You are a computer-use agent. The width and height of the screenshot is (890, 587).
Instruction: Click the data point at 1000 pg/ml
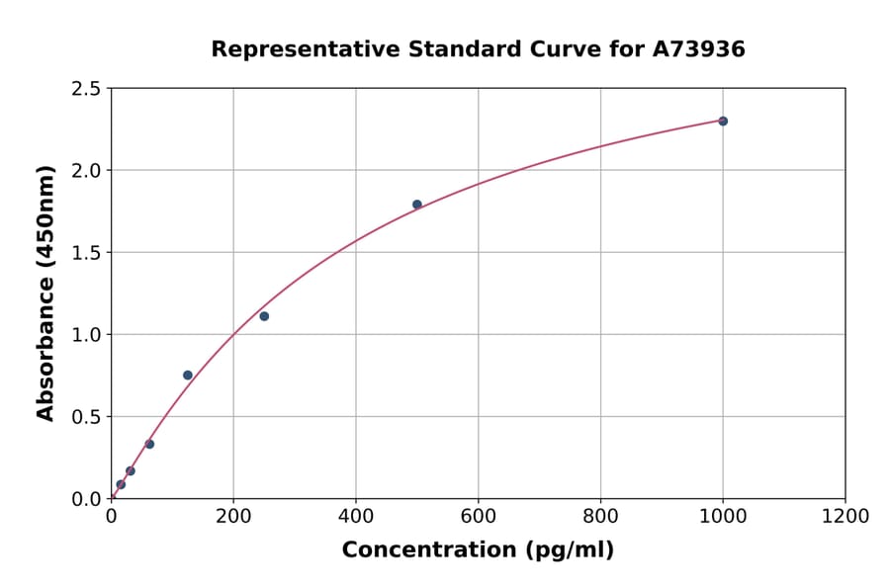[723, 121]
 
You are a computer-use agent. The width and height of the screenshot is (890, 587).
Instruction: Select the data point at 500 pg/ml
[417, 205]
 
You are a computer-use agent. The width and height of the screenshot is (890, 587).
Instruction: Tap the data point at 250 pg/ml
[264, 316]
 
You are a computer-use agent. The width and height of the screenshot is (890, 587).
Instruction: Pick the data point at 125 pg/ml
[188, 375]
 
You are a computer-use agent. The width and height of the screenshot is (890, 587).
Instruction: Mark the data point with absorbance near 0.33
[149, 444]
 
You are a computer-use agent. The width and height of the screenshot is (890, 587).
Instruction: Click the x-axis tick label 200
[233, 516]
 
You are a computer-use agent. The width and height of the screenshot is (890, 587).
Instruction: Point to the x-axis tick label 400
[356, 516]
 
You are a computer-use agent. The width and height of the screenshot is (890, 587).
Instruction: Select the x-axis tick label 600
[479, 516]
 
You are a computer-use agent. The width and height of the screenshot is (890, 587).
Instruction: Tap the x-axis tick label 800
[600, 516]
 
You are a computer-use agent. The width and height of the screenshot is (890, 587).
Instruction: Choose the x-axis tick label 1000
[723, 516]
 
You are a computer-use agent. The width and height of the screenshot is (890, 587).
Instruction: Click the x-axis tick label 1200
[845, 516]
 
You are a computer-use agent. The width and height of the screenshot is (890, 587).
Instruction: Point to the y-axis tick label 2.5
[86, 89]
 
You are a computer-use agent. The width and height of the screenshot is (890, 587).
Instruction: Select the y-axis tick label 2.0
[86, 171]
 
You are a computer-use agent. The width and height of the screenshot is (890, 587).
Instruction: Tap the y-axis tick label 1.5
[86, 253]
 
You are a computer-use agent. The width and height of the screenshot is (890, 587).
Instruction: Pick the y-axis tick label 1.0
[86, 335]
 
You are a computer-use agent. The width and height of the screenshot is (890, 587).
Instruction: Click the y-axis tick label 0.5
[86, 417]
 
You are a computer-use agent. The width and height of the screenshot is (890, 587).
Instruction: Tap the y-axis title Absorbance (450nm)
[45, 293]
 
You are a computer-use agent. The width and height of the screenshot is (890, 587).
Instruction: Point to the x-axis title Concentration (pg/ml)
[478, 550]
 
